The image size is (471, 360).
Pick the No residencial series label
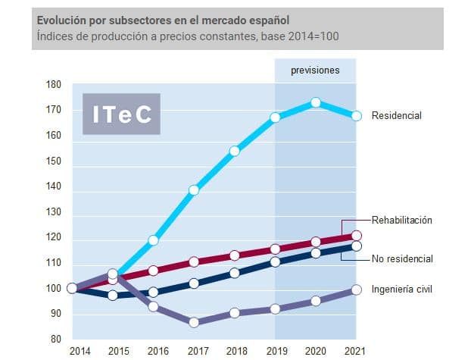[402, 259]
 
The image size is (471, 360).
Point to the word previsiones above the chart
[315, 70]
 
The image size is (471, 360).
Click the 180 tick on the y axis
[54, 85]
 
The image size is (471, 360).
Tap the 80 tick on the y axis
[56, 340]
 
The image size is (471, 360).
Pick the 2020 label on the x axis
[315, 351]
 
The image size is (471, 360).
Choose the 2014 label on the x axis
[79, 351]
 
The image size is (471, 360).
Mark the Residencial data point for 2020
[316, 102]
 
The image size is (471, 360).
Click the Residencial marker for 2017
[194, 190]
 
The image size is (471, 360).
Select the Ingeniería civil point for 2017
[194, 322]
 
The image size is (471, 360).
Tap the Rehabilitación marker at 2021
[357, 236]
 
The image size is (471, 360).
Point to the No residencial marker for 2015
[113, 295]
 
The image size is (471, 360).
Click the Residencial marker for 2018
[235, 152]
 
